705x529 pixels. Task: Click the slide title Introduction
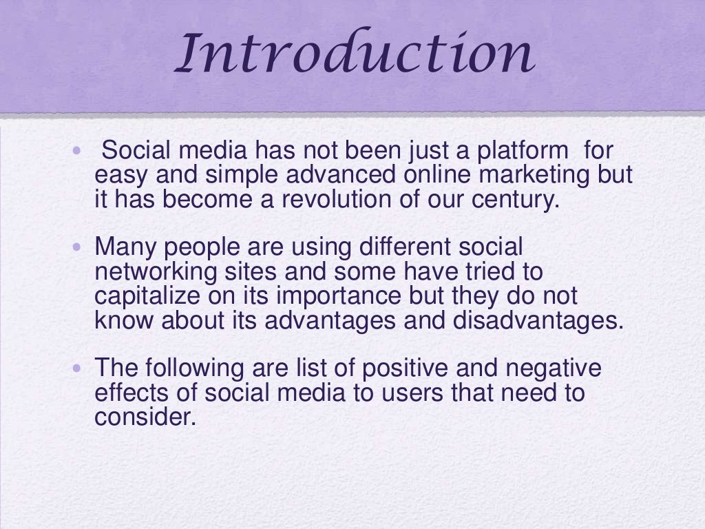[x=354, y=55]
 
